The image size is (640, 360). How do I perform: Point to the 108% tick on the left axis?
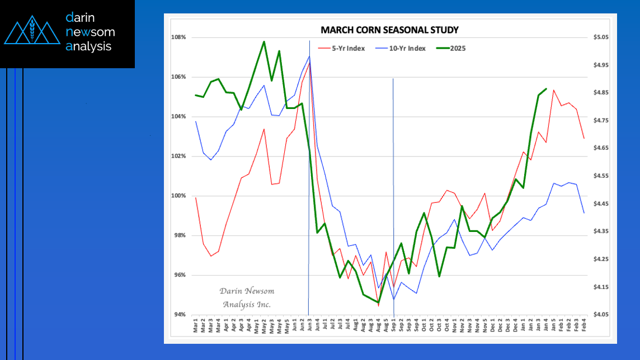tap(178, 37)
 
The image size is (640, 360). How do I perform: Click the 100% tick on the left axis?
tap(178, 196)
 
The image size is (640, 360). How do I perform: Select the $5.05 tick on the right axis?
tap(601, 37)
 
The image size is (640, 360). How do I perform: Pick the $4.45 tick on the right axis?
tap(601, 204)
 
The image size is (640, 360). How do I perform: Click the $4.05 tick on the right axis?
tap(601, 315)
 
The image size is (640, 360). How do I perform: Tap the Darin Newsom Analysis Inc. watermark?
tap(246, 298)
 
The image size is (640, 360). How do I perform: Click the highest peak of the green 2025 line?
tap(264, 41)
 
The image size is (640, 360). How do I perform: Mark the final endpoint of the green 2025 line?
tap(546, 89)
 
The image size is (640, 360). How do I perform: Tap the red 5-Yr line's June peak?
tap(309, 63)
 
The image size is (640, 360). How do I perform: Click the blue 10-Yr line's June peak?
tap(309, 56)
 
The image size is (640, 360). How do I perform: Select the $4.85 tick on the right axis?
tap(601, 93)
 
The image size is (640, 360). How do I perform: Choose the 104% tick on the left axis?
tap(178, 116)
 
